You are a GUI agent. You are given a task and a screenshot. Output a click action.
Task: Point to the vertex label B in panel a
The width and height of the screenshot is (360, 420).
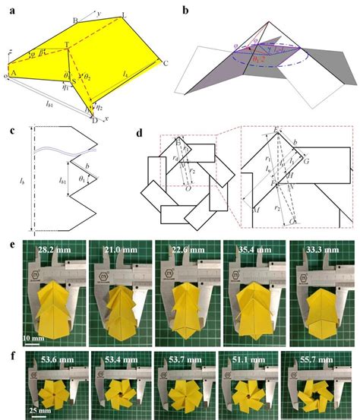(74, 19)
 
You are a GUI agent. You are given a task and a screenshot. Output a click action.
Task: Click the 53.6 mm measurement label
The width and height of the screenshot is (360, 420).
(54, 355)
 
